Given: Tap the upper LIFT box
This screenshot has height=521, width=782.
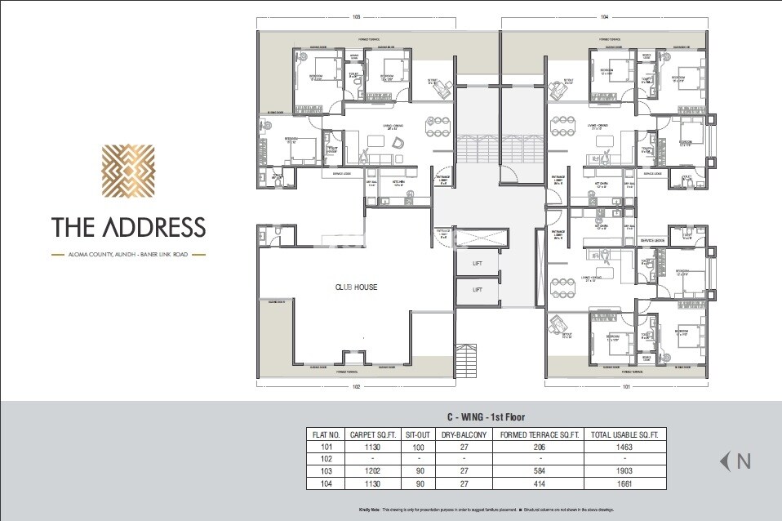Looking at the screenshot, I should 478,265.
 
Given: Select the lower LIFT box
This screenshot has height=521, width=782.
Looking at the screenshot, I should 478,290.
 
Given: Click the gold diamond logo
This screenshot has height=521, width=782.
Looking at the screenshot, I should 127,173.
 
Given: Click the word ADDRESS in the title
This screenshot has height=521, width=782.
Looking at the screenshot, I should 154,227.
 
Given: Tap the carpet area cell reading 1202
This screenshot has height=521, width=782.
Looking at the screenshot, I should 372,471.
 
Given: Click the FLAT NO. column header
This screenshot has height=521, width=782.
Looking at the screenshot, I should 325,435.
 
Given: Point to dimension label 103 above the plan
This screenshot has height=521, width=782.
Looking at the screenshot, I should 356,16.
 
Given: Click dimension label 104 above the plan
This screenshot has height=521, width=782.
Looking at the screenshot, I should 604,16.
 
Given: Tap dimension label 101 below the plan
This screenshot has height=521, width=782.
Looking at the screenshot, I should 626,387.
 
